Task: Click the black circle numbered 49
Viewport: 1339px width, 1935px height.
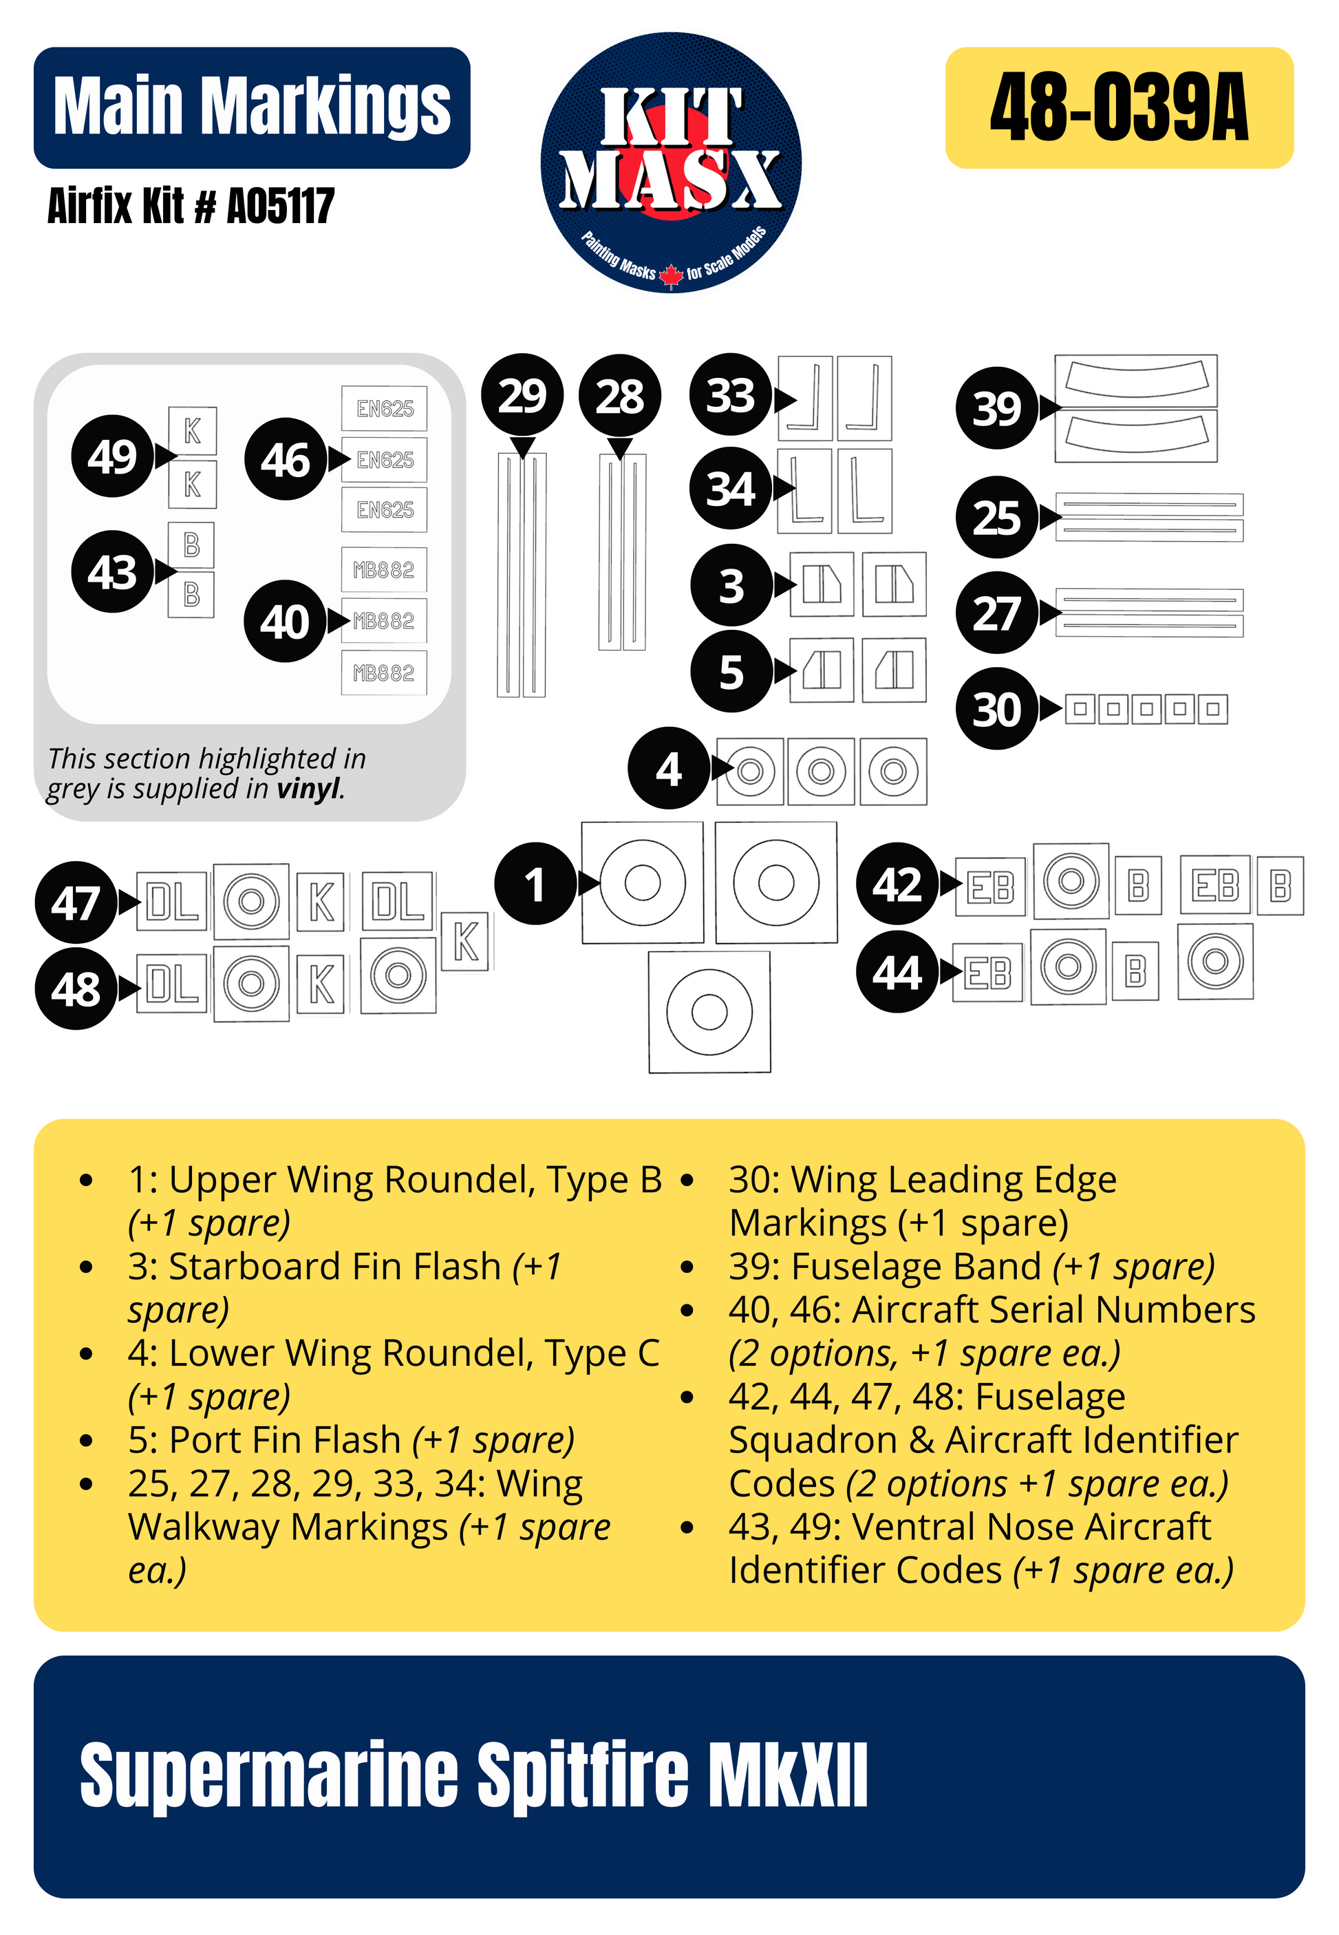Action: coord(112,456)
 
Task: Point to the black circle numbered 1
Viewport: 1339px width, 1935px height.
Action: coord(535,884)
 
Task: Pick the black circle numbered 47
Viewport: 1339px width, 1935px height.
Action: coord(76,902)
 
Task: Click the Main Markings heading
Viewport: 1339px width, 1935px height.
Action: coord(252,107)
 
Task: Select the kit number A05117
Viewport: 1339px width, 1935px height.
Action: coord(281,207)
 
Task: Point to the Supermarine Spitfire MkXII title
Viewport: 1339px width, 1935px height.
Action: coord(473,1775)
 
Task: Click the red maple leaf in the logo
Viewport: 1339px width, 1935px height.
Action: coord(670,275)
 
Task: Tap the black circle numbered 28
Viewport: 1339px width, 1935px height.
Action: coord(619,396)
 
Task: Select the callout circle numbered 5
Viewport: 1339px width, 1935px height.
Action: coord(731,671)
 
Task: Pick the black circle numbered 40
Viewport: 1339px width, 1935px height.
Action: coord(284,622)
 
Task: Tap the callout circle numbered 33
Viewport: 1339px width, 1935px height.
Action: coord(731,394)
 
